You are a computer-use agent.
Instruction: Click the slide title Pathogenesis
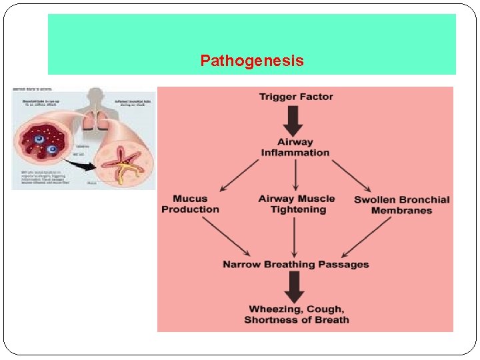251,61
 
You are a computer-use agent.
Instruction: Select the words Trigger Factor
296,97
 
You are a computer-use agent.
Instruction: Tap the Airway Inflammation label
295,147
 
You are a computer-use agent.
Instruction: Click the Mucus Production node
190,204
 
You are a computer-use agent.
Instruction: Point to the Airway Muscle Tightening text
297,204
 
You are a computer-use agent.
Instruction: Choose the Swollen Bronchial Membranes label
401,205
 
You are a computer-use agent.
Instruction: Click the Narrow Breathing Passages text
295,265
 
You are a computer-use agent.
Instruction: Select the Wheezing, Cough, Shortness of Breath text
296,315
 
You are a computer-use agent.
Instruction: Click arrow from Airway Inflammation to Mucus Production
240,175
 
